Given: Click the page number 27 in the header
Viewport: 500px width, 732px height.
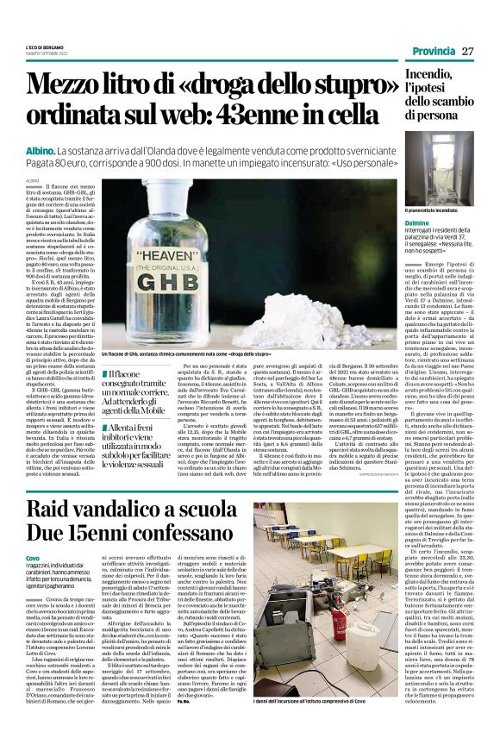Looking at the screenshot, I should click(468, 52).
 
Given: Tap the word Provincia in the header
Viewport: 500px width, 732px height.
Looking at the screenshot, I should click(432, 52).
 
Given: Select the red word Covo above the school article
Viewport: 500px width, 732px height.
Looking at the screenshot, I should click(32, 560).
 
